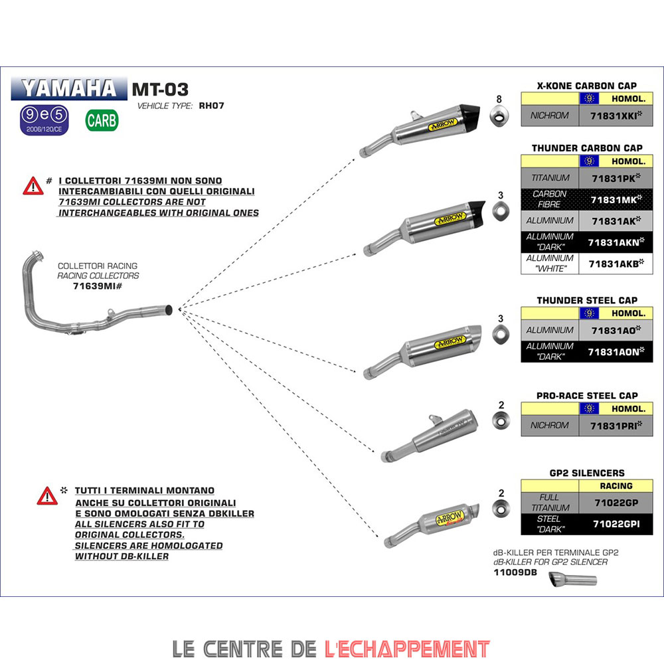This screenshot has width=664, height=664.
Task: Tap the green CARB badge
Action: tap(102, 120)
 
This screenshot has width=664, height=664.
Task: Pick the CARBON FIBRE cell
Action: tap(550, 199)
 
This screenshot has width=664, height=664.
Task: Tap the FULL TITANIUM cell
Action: tap(550, 503)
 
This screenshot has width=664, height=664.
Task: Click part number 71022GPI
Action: tap(616, 524)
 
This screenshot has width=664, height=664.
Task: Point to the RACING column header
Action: tap(616, 486)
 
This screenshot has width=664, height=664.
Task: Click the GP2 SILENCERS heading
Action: tap(587, 473)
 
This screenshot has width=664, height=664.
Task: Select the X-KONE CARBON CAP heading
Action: tap(587, 86)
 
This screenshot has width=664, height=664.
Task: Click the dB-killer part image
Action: tap(572, 580)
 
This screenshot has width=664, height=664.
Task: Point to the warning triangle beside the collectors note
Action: tap(33, 187)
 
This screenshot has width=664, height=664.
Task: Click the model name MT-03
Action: tap(160, 89)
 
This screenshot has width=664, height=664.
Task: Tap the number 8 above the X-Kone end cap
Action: tap(499, 100)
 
